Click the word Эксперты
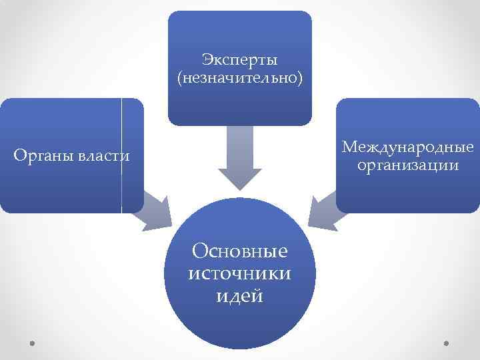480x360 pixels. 239,61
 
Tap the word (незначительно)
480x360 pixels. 239,79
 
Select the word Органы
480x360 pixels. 44,157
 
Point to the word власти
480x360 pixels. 103,157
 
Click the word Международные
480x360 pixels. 408,146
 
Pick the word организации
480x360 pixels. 408,165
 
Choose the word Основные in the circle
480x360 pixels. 239,251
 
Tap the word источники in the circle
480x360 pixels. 239,273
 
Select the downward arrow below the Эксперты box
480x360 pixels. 240,157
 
